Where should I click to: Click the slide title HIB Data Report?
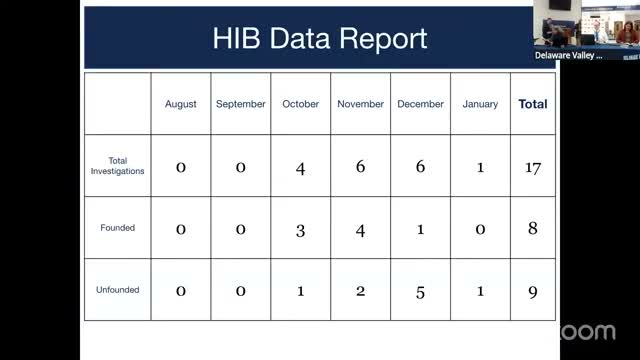[x=320, y=38]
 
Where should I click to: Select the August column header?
[x=181, y=104]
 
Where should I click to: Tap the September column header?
[x=240, y=104]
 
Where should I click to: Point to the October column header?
[x=300, y=104]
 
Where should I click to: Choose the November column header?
[x=360, y=104]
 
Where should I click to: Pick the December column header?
[x=420, y=104]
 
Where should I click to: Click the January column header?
[x=480, y=104]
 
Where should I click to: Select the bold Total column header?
[x=533, y=104]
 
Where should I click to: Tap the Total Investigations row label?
[x=118, y=166]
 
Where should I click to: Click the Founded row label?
[x=118, y=228]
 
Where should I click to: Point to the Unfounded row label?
[x=118, y=290]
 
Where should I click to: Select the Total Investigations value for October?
[x=300, y=167]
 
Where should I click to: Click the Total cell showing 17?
[x=533, y=167]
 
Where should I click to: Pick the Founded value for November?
[x=360, y=229]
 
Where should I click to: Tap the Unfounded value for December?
[x=420, y=292]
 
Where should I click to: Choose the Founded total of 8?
[x=533, y=229]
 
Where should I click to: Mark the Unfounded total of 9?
[x=533, y=292]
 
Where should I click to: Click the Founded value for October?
[x=300, y=229]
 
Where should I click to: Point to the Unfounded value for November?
[x=360, y=292]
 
